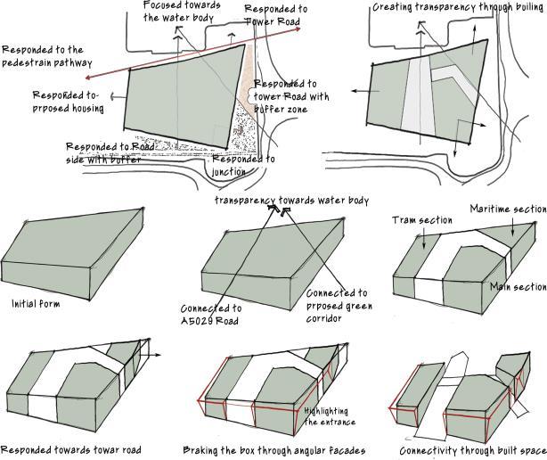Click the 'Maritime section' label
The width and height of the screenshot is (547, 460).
click(508, 209)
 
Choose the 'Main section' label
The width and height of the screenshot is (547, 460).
click(518, 287)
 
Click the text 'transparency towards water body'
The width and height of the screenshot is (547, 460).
click(291, 201)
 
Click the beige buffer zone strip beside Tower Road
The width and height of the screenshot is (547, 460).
click(249, 89)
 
